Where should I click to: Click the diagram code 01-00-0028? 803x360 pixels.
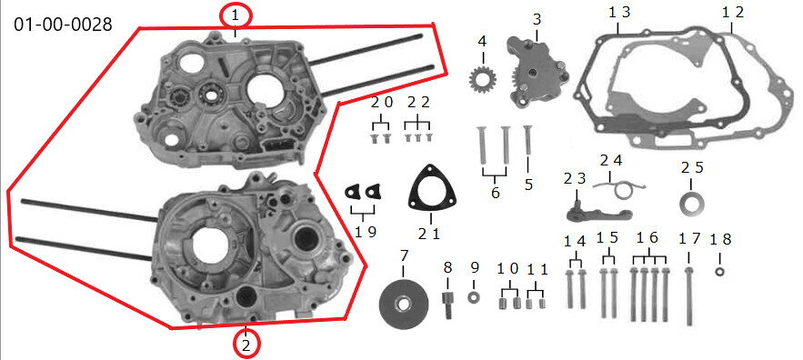click(x=63, y=24)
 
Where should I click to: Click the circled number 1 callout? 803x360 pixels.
click(x=236, y=15)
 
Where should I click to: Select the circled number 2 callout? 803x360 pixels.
click(x=246, y=345)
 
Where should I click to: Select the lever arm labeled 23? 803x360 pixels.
click(x=580, y=213)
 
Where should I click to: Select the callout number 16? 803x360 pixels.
click(x=647, y=238)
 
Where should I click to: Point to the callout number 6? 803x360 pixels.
click(x=494, y=193)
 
